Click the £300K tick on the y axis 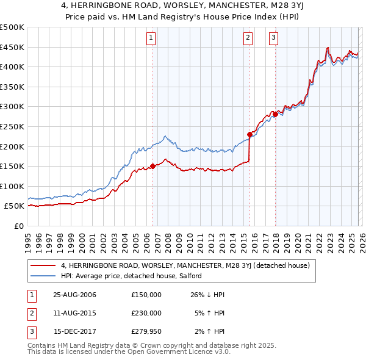[x=12, y=107]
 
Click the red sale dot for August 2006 [x=152, y=166]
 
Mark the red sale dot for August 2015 [x=249, y=134]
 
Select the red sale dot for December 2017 [x=275, y=114]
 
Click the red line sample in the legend [x=43, y=265]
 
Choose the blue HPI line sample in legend [x=43, y=276]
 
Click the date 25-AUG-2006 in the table [x=74, y=295]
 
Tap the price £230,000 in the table [x=146, y=312]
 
